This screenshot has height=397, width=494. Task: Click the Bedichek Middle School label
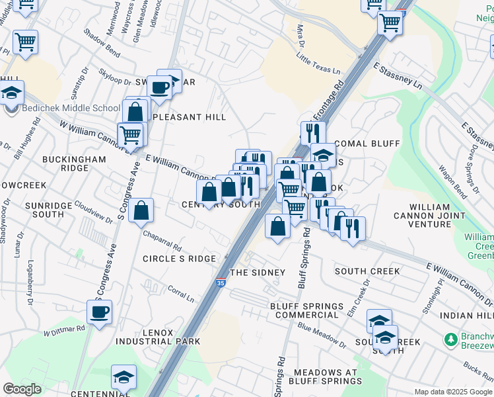click(x=71, y=109)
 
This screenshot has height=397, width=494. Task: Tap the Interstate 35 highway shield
click(x=220, y=283)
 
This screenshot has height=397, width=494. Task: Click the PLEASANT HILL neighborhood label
click(x=190, y=117)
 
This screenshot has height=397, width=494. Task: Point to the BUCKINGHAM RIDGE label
click(x=74, y=163)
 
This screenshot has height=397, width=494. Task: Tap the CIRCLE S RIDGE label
click(x=179, y=259)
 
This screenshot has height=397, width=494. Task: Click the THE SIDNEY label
click(x=257, y=273)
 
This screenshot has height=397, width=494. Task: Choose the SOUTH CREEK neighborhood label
click(x=367, y=271)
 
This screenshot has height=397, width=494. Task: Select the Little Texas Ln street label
click(x=318, y=65)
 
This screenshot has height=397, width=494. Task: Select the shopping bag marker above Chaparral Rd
click(x=141, y=212)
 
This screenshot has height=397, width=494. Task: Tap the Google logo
click(x=22, y=389)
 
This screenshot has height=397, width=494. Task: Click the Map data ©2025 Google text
click(x=452, y=392)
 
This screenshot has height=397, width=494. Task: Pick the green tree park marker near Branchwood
click(x=452, y=339)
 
